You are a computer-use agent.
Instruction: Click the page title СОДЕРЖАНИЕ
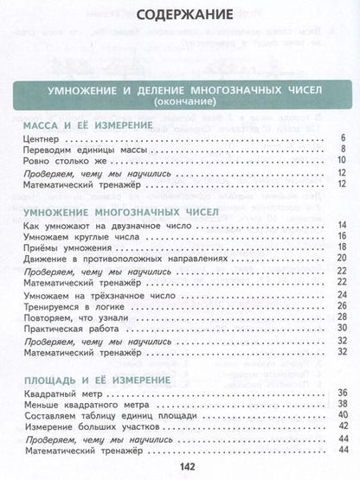pos(179,15)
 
